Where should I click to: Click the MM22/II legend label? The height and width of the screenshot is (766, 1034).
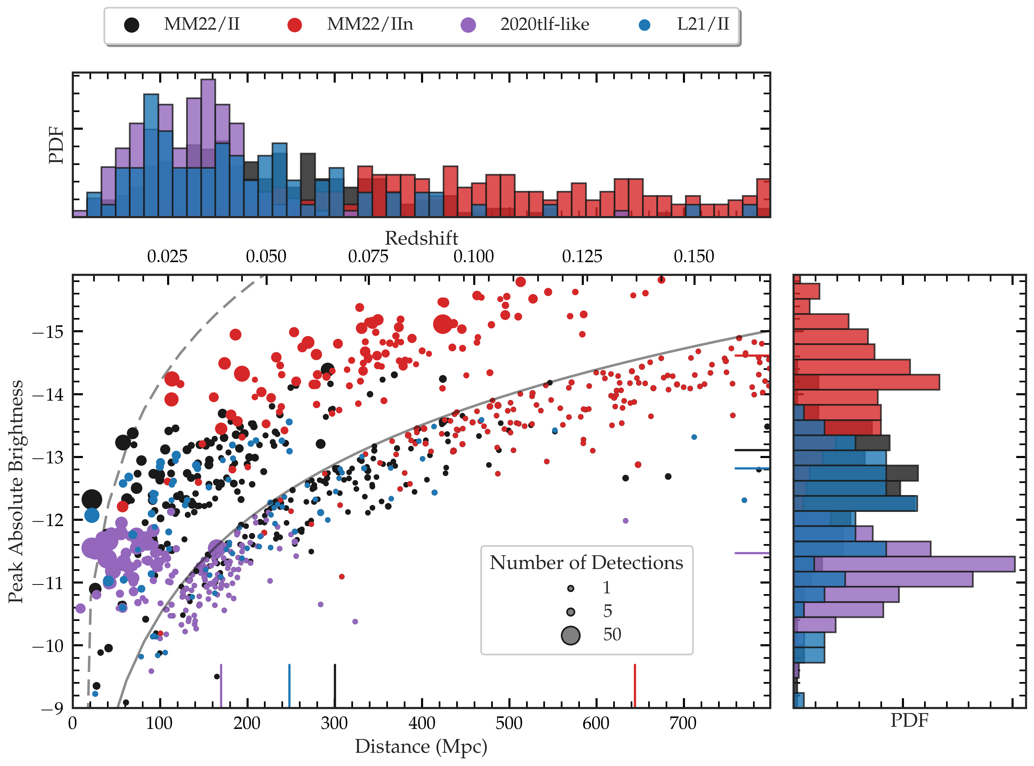point(202,24)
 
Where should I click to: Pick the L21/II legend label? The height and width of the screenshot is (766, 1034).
point(703,24)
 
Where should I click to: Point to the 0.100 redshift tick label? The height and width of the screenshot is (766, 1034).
point(473,256)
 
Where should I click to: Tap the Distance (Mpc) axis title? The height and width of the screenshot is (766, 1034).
point(421,746)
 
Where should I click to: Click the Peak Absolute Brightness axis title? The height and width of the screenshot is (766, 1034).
point(16,491)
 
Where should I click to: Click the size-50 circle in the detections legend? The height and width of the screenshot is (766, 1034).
point(570,635)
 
